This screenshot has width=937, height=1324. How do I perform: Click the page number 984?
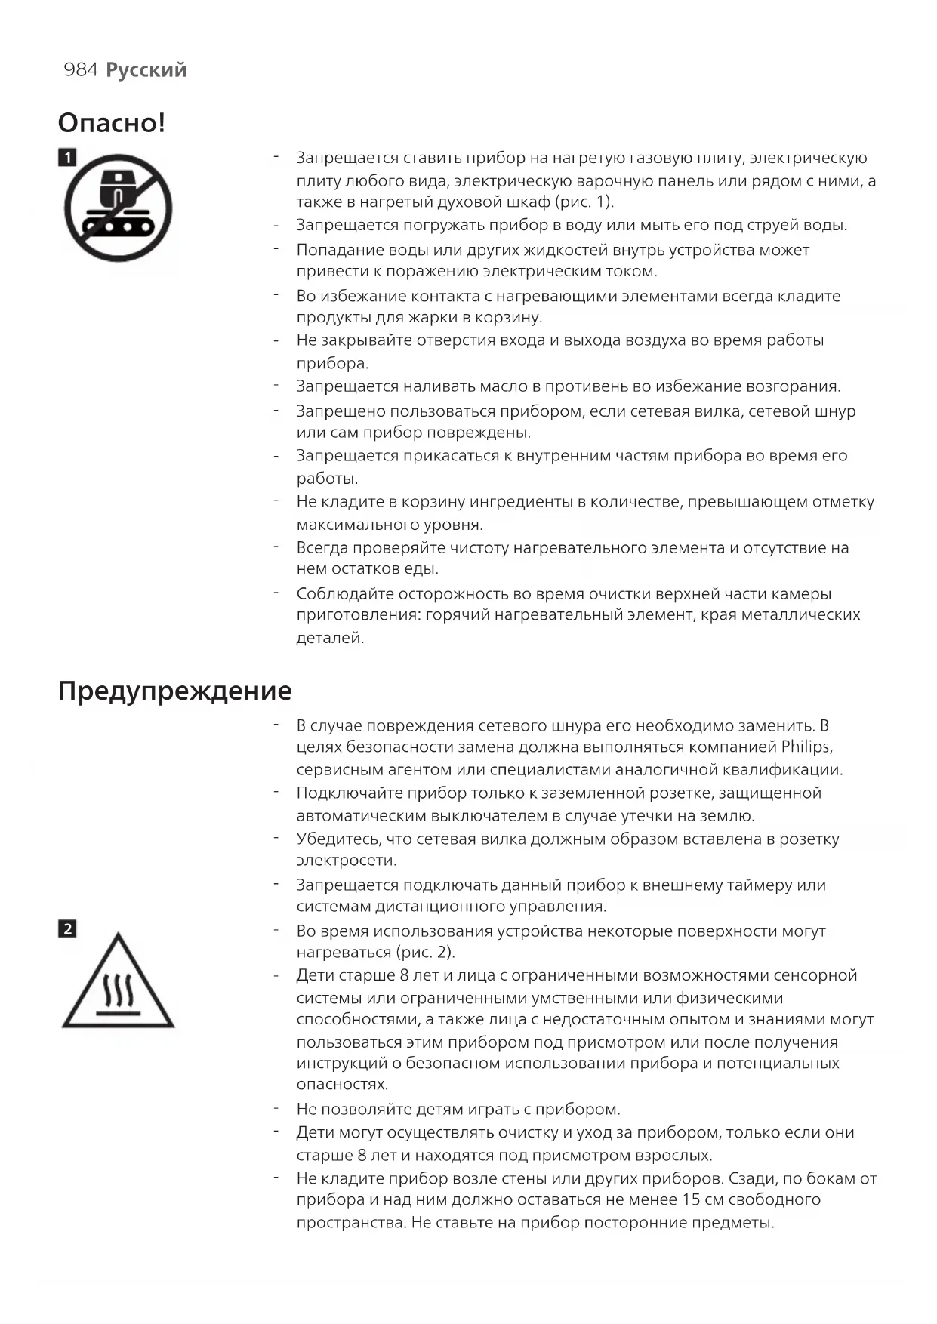point(81,70)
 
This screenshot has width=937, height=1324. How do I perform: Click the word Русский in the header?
point(146,70)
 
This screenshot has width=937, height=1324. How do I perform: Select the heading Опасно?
point(112,123)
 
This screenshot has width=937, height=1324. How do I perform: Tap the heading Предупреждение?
point(174,691)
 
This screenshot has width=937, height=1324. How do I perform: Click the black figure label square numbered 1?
point(67,158)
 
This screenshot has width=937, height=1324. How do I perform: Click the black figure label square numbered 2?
point(67,929)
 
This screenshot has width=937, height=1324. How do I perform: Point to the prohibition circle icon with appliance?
point(119,208)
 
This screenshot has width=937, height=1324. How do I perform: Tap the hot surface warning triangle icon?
point(118,983)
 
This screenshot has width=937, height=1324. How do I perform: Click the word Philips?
point(806,747)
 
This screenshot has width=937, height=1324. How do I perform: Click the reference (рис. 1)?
point(584,202)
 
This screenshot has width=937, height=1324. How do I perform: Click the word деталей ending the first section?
point(330,638)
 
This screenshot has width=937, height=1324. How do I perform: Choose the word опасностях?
point(342,1085)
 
